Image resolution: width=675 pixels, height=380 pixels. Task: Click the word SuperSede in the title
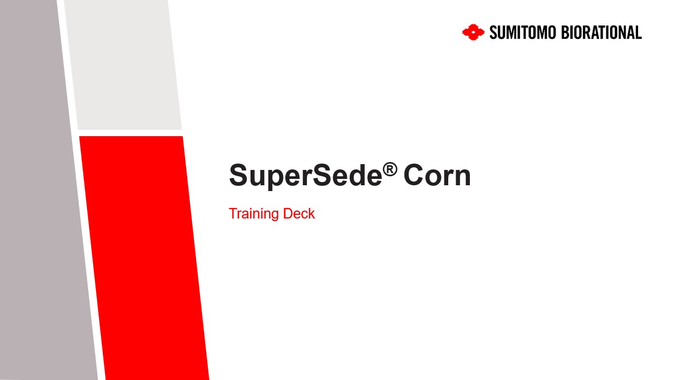[x=305, y=176]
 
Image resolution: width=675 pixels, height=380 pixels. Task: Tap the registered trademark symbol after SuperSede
[x=390, y=169]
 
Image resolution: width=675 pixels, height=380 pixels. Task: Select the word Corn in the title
[x=437, y=176]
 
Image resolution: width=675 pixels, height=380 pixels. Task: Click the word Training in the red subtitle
[x=254, y=214]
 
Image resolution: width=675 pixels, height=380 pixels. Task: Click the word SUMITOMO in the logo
[x=523, y=33]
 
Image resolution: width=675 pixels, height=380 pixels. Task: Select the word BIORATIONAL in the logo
[x=602, y=33]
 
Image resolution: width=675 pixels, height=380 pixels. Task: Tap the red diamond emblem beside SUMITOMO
[x=474, y=32]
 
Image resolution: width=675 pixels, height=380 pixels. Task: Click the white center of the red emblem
[x=474, y=32]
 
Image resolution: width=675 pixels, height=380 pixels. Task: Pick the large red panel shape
[x=144, y=258]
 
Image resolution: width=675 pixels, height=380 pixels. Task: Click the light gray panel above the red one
[x=123, y=65]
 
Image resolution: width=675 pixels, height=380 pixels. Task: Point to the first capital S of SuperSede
[x=239, y=175]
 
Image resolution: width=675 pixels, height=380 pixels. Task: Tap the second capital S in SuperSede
[x=323, y=175]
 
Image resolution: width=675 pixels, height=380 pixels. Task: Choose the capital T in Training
[x=234, y=214]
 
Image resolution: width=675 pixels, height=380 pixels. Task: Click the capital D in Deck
[x=288, y=214]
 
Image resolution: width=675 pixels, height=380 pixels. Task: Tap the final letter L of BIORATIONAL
[x=639, y=33]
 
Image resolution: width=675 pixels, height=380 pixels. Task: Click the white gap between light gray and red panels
[x=130, y=133]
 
